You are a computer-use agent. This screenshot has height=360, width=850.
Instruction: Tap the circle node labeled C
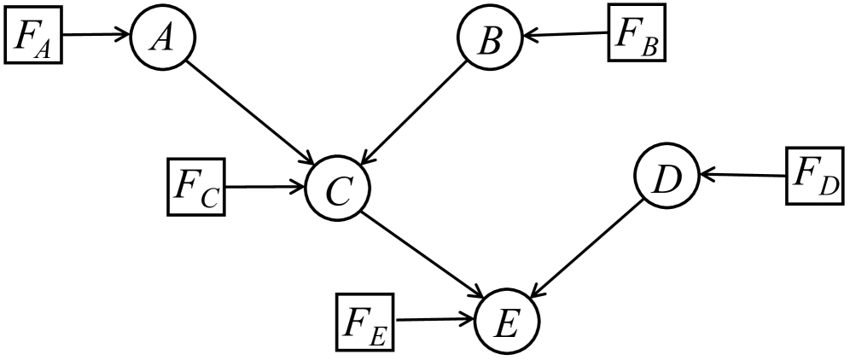click(338, 189)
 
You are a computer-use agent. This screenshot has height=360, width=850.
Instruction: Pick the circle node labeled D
click(667, 175)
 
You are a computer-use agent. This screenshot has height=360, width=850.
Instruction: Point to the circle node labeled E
click(506, 321)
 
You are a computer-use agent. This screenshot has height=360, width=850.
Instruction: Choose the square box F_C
click(196, 186)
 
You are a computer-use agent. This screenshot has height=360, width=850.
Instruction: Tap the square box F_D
click(814, 177)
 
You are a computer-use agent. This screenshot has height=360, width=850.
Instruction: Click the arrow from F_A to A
click(96, 36)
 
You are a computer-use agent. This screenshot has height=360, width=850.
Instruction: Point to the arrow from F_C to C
click(265, 185)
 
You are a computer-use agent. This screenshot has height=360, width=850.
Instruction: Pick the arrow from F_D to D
click(741, 176)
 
